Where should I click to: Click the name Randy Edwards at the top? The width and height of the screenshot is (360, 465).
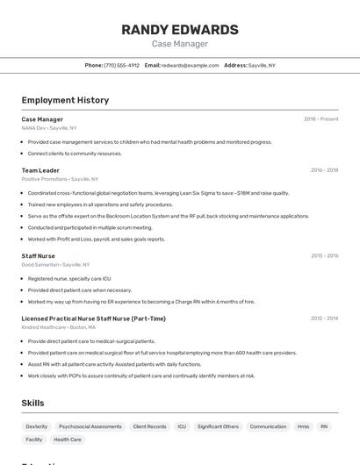pos(179,29)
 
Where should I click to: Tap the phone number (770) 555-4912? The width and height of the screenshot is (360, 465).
pos(121,65)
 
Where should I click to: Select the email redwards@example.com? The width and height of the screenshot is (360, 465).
pos(190,65)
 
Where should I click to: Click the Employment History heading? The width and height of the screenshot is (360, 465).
pos(65,100)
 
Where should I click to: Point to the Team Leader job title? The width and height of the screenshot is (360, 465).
pos(40,170)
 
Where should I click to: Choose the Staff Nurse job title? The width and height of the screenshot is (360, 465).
pos(38,256)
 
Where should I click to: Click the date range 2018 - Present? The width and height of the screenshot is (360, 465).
pos(320,119)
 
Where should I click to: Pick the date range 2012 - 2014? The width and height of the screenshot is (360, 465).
pos(324,318)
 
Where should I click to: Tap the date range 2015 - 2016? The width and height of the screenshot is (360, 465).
pos(324,256)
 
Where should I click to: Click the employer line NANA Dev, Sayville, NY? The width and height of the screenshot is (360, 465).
pos(49,128)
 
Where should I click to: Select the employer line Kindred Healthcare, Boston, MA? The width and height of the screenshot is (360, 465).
pos(60,327)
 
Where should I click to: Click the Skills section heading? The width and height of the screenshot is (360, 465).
pos(33,403)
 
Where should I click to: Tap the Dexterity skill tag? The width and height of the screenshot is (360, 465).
pos(37,426)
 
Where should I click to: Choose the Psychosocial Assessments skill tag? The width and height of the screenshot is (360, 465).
pos(90,426)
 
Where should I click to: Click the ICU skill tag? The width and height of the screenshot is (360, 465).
pos(182,426)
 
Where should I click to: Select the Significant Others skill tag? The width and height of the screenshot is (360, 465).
pos(218,426)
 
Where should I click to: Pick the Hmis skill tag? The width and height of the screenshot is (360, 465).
pos(303,426)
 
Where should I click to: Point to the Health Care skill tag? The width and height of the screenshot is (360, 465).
pos(68,440)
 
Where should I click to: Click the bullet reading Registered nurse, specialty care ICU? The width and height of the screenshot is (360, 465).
pos(69,279)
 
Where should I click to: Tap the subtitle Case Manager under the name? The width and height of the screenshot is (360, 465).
pos(179,44)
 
